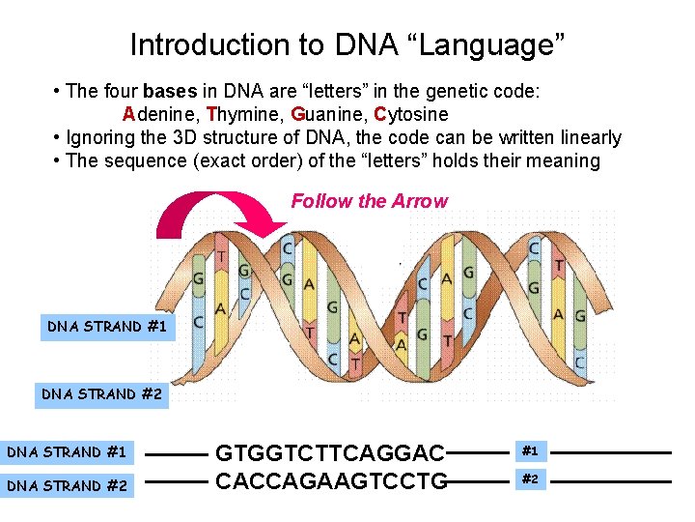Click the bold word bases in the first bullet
[170, 93]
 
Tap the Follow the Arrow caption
[370, 201]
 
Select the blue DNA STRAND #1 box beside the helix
[107, 327]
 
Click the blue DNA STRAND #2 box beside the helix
[101, 394]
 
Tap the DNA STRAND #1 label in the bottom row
[67, 451]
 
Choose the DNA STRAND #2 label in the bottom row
[67, 485]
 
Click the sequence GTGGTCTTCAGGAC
[329, 452]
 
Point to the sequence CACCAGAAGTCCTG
[331, 480]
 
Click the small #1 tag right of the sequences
[530, 450]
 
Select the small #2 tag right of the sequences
[530, 478]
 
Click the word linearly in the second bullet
[588, 138]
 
